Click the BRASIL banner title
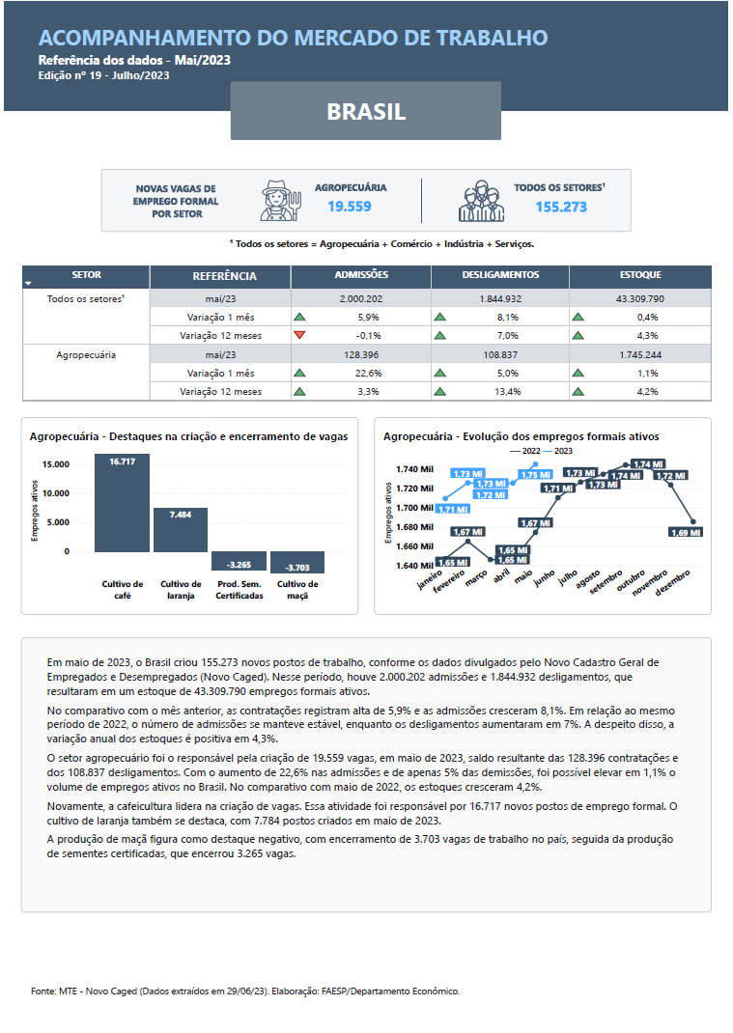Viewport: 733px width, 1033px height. [x=366, y=111]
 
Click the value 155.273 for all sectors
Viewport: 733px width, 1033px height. [x=561, y=207]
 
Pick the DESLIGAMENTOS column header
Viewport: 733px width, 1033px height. [x=499, y=276]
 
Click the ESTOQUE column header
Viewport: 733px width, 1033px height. [x=640, y=276]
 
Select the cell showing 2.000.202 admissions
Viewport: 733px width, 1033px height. [x=361, y=299]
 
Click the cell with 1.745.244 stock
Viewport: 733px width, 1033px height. [x=640, y=355]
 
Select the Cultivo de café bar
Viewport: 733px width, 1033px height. [x=122, y=503]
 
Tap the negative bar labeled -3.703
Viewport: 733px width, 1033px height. [x=297, y=563]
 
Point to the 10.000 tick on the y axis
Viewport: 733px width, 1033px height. [x=55, y=493]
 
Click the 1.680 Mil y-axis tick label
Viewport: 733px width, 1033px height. [x=414, y=527]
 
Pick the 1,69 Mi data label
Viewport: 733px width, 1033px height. [x=686, y=532]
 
